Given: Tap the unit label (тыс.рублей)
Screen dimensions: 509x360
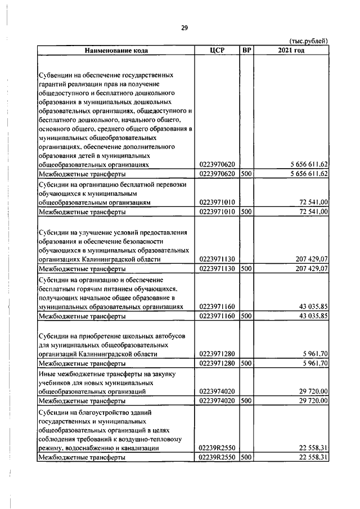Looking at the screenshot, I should tap(308, 42).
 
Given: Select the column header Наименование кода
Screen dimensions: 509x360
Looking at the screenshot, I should tap(116, 50).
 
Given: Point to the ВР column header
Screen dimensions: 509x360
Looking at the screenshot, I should tap(246, 50).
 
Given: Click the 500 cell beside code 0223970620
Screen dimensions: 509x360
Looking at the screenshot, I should tap(246, 174).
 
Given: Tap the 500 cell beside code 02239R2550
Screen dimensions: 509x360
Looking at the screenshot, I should tap(246, 457).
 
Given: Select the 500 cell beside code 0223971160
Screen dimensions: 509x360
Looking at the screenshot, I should tap(246, 316).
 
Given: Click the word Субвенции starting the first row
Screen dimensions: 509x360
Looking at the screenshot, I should tap(57, 75).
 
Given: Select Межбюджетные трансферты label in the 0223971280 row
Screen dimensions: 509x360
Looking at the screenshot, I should tap(82, 363).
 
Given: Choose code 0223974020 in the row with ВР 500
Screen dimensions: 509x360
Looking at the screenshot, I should tap(217, 401).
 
